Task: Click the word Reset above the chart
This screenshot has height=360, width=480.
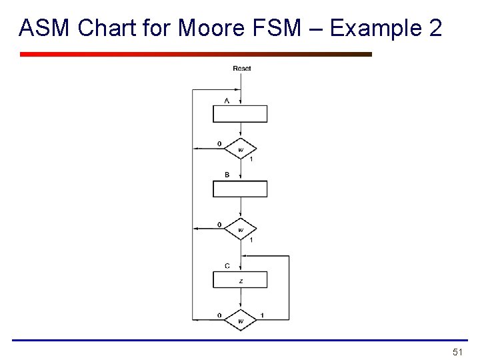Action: pyautogui.click(x=241, y=69)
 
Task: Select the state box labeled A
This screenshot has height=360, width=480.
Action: pyautogui.click(x=240, y=114)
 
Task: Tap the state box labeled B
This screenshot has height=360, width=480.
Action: pyautogui.click(x=240, y=189)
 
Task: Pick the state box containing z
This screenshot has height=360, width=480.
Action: pyautogui.click(x=240, y=280)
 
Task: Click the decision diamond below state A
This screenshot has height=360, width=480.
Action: pyautogui.click(x=240, y=148)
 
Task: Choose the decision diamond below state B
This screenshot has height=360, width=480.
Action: pyautogui.click(x=240, y=229)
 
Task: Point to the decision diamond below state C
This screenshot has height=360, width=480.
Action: pyautogui.click(x=240, y=320)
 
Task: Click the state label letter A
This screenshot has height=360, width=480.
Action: pyautogui.click(x=227, y=100)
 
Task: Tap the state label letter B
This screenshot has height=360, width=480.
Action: pyautogui.click(x=227, y=175)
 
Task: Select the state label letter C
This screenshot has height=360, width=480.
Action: pyautogui.click(x=227, y=266)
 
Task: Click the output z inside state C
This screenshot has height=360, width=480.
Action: pyautogui.click(x=241, y=281)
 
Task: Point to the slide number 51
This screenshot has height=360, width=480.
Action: pyautogui.click(x=457, y=351)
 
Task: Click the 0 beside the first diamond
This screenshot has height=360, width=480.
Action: pyautogui.click(x=219, y=144)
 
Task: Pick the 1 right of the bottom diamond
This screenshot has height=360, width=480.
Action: pyautogui.click(x=262, y=315)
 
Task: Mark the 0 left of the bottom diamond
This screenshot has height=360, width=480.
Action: pyautogui.click(x=219, y=315)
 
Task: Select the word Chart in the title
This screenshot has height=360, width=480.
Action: pyautogui.click(x=103, y=28)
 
